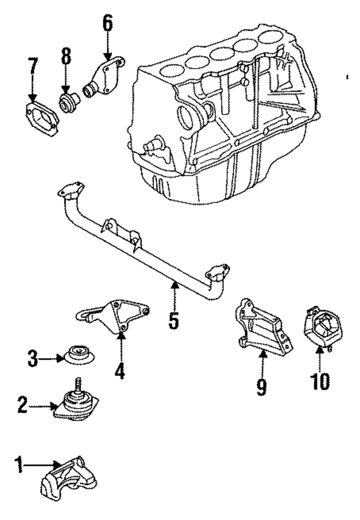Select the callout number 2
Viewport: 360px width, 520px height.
[x=21, y=405]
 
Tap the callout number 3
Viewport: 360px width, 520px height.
[x=33, y=358]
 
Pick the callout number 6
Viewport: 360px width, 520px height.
[x=107, y=23]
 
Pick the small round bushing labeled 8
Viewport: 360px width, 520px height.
[x=68, y=101]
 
